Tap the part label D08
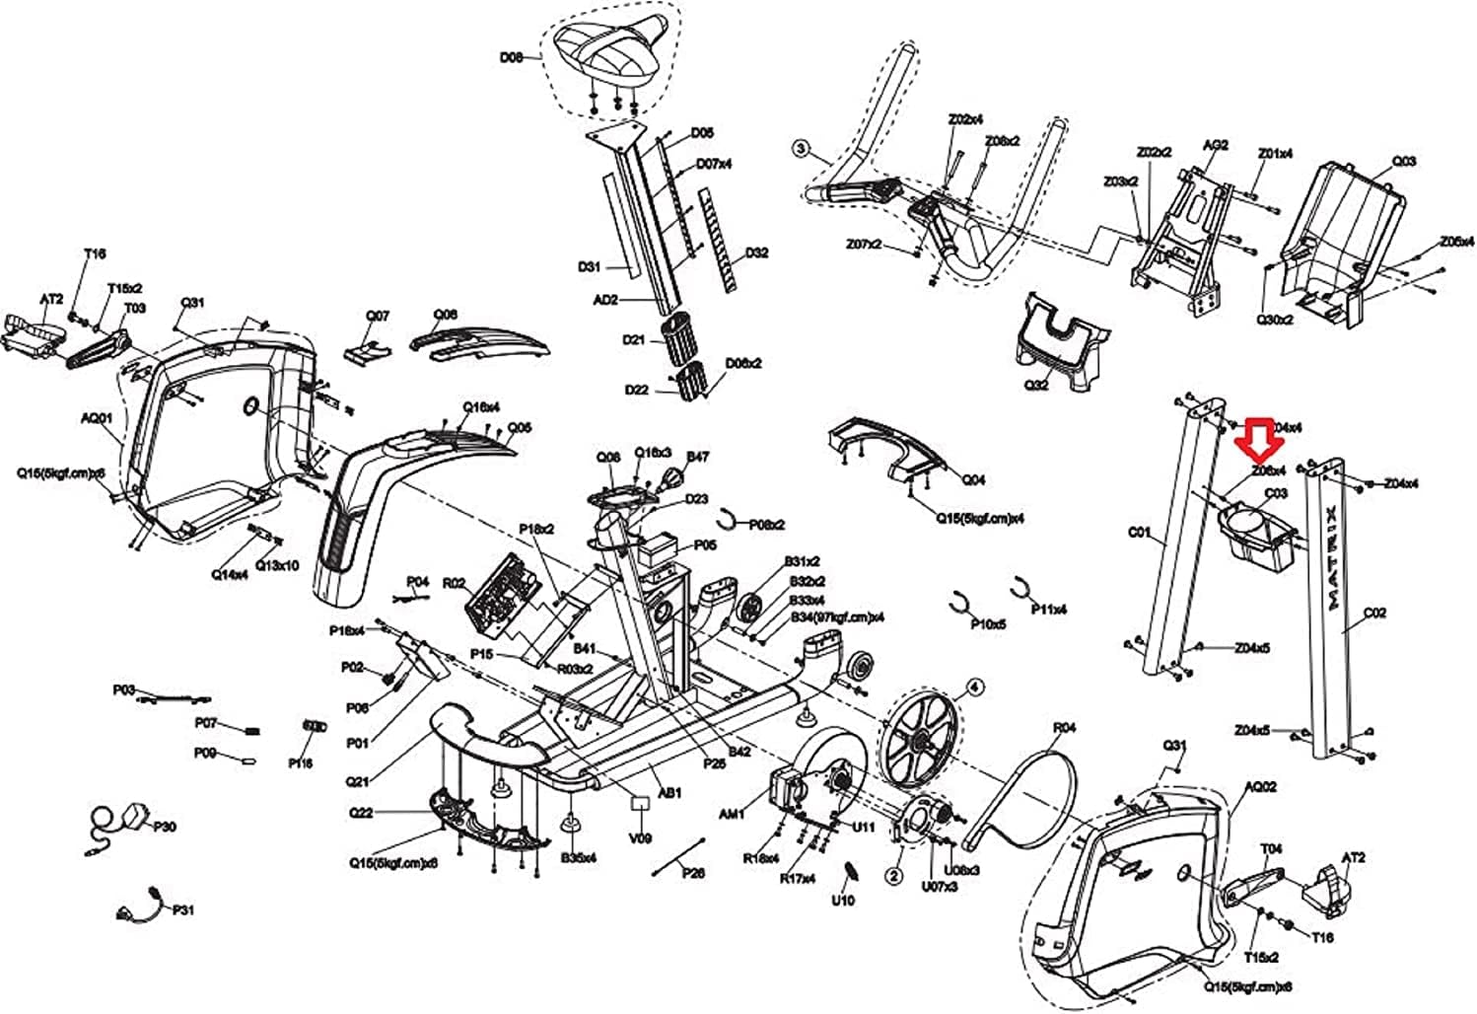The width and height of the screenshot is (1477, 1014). click(511, 57)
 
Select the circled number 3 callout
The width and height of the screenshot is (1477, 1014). click(800, 149)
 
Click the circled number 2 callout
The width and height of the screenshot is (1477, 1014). click(894, 875)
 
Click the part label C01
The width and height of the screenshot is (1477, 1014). click(1139, 533)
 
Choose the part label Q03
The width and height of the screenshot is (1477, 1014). click(1403, 161)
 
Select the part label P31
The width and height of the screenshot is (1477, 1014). click(183, 909)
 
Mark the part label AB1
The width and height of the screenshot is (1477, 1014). click(669, 792)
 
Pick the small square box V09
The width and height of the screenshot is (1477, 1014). click(641, 804)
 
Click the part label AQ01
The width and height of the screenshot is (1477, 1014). click(98, 417)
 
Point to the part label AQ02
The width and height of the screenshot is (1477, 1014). click(1260, 786)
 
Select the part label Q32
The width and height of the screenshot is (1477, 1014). click(1036, 385)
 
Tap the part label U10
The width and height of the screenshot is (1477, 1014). click(843, 900)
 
